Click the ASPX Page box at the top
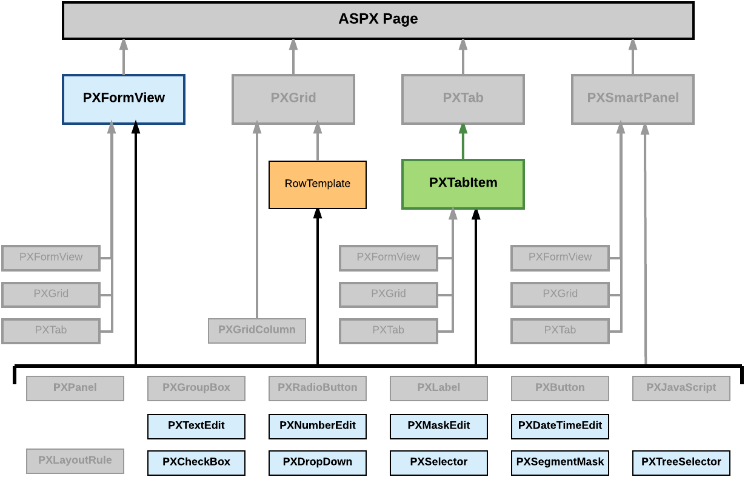pos(378,20)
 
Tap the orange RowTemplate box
pos(317,184)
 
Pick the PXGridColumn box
pos(257,330)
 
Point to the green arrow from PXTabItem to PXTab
pos(463,142)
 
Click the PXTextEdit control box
pos(196,426)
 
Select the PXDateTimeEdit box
pos(560,426)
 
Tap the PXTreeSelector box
pos(681,462)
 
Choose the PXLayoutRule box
pos(75,461)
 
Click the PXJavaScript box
pos(681,388)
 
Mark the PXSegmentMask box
pos(560,462)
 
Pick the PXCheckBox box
pos(196,462)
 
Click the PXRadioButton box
pos(318,388)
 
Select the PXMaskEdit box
pos(439,426)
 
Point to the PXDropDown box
pos(318,462)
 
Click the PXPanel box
pos(75,388)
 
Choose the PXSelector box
pos(439,462)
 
